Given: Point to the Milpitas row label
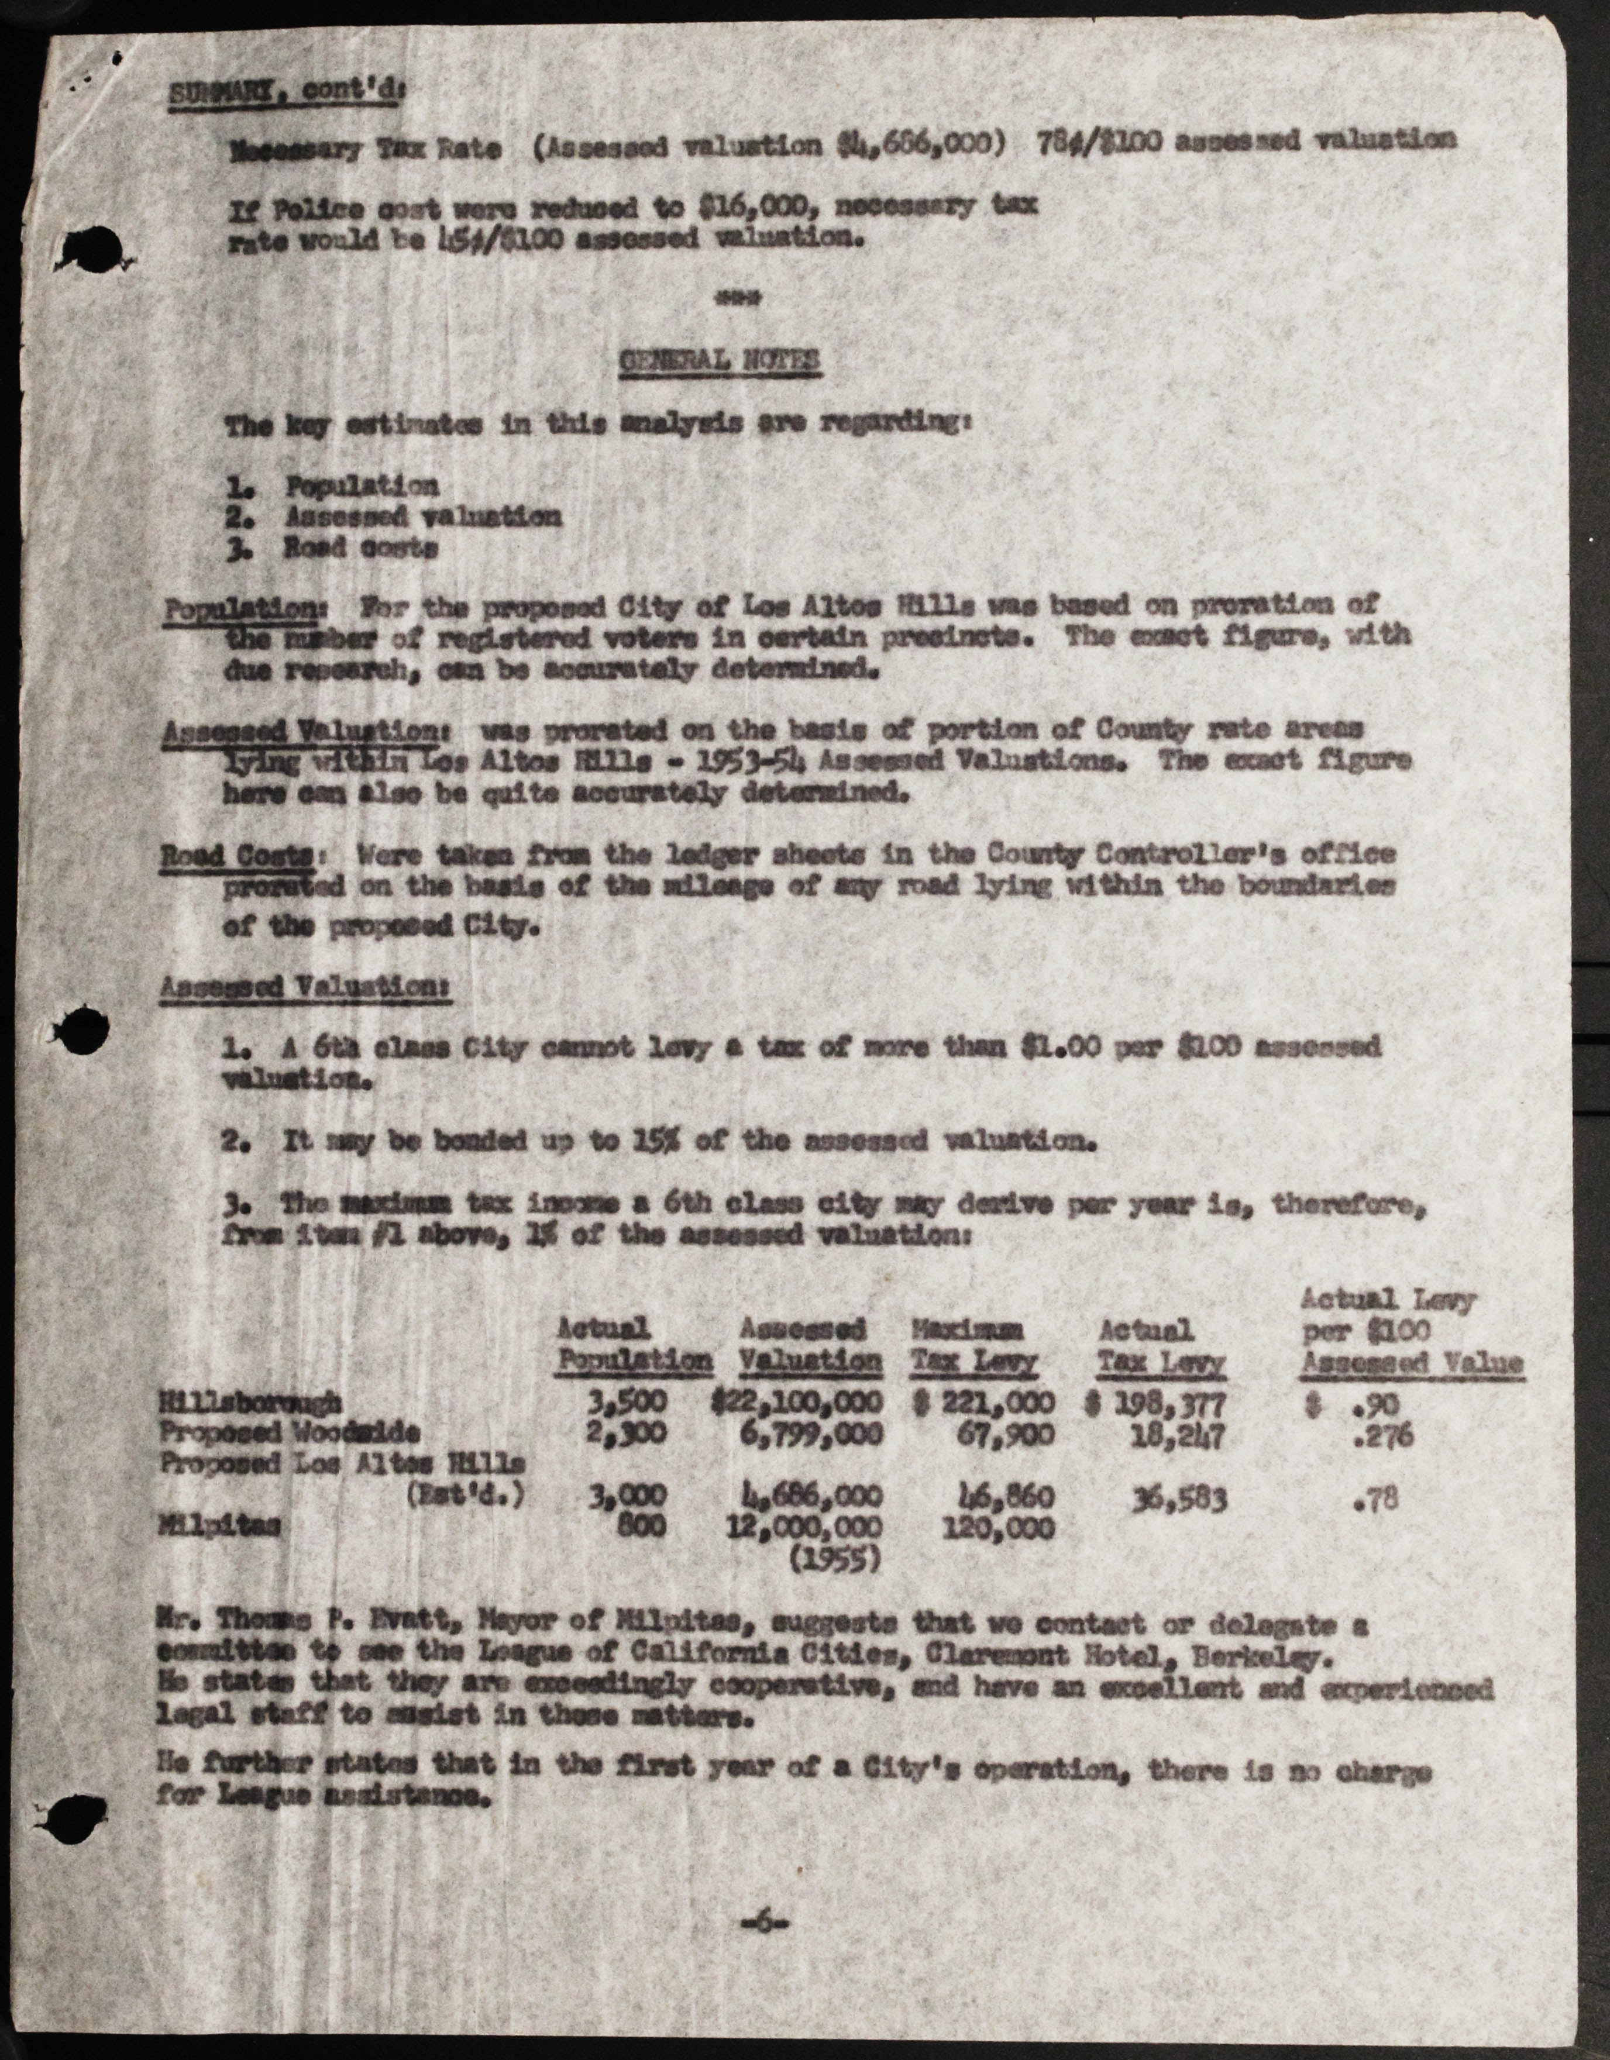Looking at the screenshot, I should [220, 1526].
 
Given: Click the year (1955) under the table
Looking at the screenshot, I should [834, 1560].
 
